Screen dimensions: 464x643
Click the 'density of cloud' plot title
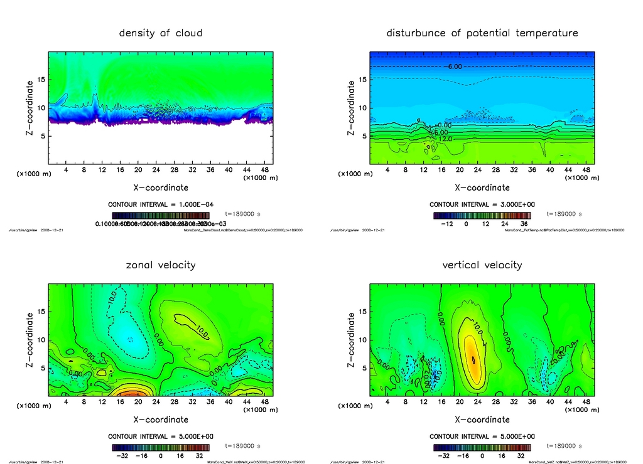tap(161, 33)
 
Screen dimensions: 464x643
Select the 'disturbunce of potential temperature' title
tap(482, 33)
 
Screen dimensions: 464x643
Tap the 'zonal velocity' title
tap(161, 265)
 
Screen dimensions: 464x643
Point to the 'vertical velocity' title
tap(482, 265)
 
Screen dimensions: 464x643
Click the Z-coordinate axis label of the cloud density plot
tap(29, 108)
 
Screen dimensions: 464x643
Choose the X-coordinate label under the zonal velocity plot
tap(161, 419)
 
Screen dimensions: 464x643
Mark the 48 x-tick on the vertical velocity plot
tap(586, 403)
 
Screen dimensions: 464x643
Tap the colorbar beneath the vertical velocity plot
tap(482, 447)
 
